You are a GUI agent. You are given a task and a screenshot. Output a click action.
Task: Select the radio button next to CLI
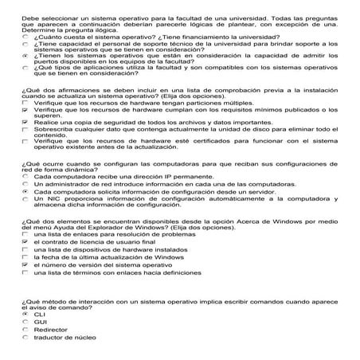[26, 315]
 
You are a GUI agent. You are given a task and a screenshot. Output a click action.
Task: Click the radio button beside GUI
[26, 322]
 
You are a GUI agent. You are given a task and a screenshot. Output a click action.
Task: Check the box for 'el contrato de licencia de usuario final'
[26, 241]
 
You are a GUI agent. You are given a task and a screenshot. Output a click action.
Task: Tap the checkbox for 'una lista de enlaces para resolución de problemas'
[26, 234]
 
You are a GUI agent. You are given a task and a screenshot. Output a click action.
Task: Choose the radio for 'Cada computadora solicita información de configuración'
[26, 192]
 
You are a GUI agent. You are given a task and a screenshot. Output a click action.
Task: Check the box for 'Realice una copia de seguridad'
[26, 124]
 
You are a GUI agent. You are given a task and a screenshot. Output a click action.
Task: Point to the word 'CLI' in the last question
[40, 315]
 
